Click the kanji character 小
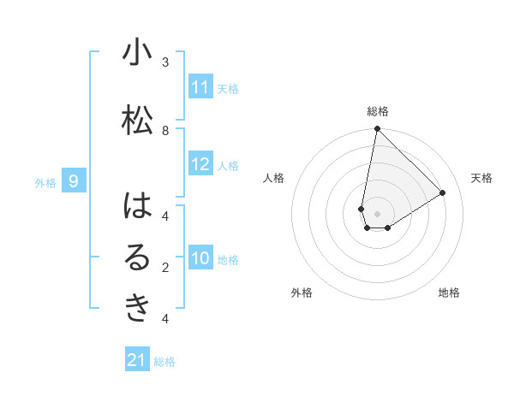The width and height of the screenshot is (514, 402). pyautogui.click(x=137, y=53)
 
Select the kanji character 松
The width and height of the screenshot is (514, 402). pyautogui.click(x=137, y=119)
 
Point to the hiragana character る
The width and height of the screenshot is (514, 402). pyautogui.click(x=137, y=257)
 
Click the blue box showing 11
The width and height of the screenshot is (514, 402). pyautogui.click(x=200, y=87)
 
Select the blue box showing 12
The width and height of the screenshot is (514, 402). pyautogui.click(x=200, y=165)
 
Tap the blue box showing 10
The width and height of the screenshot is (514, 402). pyautogui.click(x=200, y=259)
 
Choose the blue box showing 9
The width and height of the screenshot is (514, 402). pyautogui.click(x=75, y=180)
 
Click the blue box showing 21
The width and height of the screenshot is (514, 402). pyautogui.click(x=137, y=360)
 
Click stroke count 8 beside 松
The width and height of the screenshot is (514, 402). pyautogui.click(x=165, y=130)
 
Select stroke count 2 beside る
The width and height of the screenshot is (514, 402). pyautogui.click(x=165, y=267)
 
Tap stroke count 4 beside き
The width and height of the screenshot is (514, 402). pyautogui.click(x=165, y=319)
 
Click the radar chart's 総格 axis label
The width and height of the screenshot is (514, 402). pyautogui.click(x=378, y=111)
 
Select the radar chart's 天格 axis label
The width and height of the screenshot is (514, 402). pyautogui.click(x=481, y=178)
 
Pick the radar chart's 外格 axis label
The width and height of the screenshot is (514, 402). pyautogui.click(x=302, y=293)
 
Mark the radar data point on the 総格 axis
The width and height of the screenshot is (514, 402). pyautogui.click(x=377, y=129)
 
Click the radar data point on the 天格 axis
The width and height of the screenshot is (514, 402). pyautogui.click(x=443, y=193)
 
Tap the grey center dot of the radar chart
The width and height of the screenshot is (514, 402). pyautogui.click(x=377, y=214)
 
